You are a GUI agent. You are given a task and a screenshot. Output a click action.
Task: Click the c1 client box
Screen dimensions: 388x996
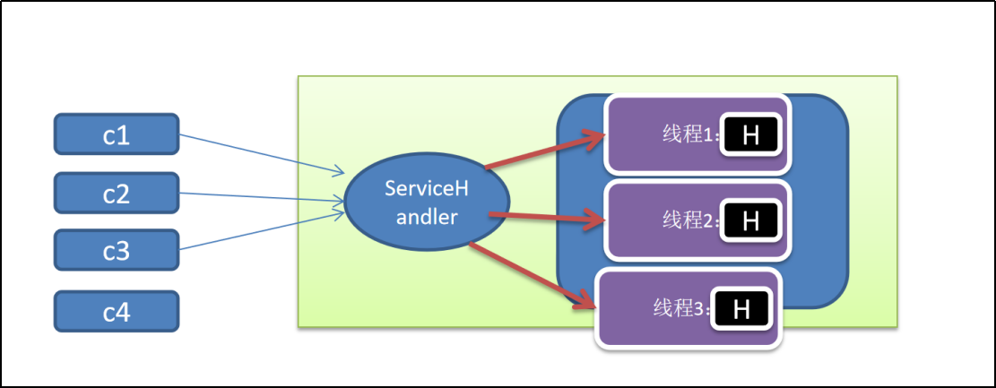pos(117,135)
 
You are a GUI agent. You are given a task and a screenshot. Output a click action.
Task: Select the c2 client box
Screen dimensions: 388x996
pos(117,194)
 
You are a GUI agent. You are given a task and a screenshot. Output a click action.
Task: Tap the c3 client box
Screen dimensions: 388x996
pos(117,251)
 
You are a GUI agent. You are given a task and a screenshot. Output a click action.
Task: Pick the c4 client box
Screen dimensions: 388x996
pos(117,312)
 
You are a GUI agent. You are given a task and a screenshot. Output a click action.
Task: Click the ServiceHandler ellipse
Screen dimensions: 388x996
pos(420,203)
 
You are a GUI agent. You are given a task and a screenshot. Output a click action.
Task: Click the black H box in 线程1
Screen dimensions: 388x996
pos(751,135)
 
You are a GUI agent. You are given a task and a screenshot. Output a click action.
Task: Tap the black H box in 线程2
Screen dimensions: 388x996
pos(750,220)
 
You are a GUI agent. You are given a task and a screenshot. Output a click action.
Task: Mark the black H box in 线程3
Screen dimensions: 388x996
pos(741,308)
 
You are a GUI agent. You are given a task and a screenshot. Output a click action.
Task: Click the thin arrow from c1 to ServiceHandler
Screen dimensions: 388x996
pos(260,152)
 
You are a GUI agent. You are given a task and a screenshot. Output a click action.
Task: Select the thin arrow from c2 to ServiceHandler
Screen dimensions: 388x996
pos(260,199)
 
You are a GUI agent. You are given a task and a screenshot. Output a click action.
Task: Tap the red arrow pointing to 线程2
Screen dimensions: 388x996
pos(547,216)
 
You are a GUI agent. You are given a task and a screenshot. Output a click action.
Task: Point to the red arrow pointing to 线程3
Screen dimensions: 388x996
pos(533,273)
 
